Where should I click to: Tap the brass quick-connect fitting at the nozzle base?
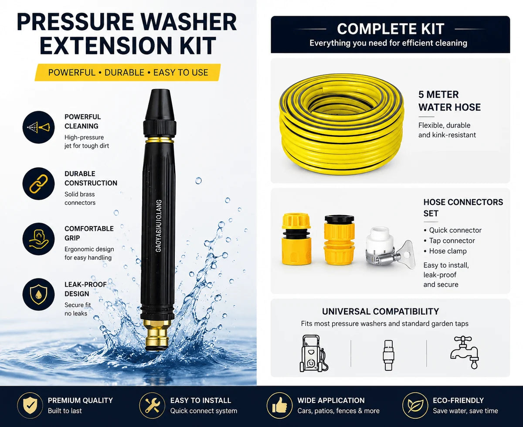[157, 335]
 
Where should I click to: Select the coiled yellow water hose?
[341, 124]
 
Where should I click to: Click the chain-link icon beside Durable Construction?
[38, 184]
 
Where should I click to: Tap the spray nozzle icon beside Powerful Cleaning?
[38, 127]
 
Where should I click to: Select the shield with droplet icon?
[38, 295]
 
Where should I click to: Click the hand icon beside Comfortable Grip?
[38, 239]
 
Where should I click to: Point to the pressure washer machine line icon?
[313, 353]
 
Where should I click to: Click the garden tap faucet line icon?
[465, 352]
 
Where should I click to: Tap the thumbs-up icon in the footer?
[279, 405]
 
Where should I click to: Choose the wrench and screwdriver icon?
[152, 405]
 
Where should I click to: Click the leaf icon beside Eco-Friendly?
[415, 405]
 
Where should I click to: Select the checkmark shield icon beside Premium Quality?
[30, 405]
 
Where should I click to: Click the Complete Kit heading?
[391, 29]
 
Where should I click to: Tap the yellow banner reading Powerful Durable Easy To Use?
[128, 72]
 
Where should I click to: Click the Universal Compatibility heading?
[380, 312]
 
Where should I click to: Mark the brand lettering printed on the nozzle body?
[159, 226]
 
